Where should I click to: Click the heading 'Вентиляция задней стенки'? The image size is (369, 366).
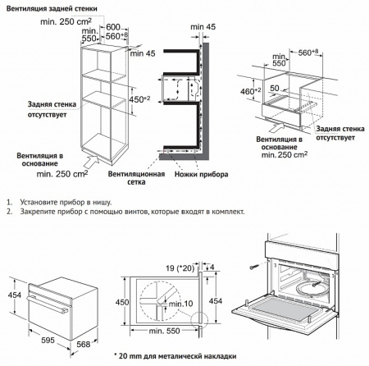pos(52,8)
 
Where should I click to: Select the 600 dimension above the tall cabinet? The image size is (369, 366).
pos(113,27)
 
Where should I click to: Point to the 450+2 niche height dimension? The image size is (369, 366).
pos(139,99)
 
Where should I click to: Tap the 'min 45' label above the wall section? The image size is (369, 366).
pos(203,27)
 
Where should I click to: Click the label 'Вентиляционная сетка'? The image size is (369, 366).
pos(136,178)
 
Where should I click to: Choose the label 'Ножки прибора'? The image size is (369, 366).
pos(201,174)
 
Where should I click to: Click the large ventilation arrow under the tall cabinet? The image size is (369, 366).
pos(91,162)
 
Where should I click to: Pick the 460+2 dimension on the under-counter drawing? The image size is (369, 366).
pos(251,91)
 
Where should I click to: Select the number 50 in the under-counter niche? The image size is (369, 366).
pos(275,88)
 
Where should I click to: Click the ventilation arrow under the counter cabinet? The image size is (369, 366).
pos(276,128)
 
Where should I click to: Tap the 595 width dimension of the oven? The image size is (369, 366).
pos(48,340)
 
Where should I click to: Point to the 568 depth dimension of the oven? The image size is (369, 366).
pos(84,344)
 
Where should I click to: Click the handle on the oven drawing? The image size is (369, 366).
pos(47,304)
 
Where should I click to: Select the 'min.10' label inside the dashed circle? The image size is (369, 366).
pos(180,304)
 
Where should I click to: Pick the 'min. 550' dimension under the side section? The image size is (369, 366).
pos(164,331)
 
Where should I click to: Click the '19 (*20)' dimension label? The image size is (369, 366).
pos(180,268)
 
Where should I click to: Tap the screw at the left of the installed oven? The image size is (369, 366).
pos(254,266)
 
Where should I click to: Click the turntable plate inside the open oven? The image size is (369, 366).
pos(312,288)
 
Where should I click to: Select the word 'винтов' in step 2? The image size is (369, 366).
pos(136,212)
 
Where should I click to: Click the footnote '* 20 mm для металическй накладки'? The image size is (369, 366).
pos(175,356)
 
